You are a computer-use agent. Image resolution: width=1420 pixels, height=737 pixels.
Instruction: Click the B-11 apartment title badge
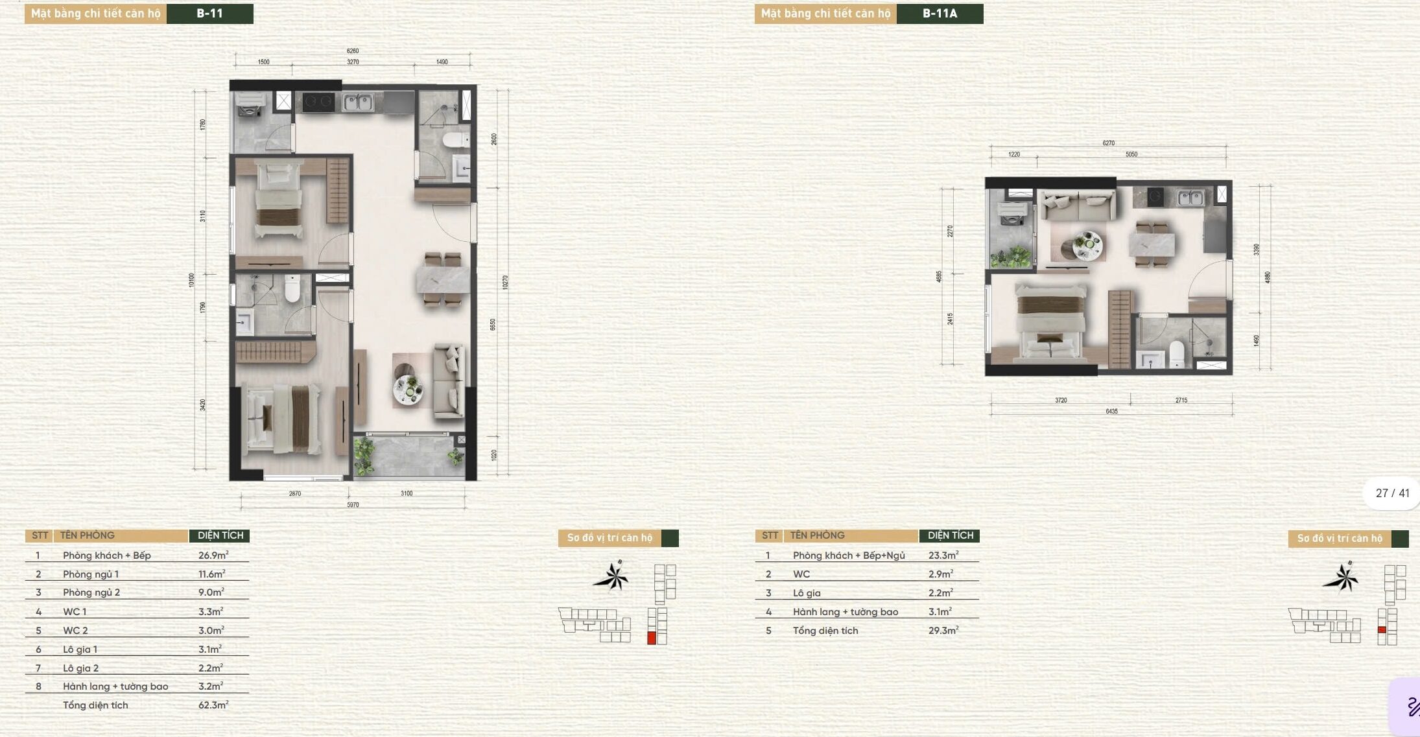pyautogui.click(x=209, y=14)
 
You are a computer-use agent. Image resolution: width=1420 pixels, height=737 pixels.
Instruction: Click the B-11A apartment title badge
pyautogui.click(x=940, y=14)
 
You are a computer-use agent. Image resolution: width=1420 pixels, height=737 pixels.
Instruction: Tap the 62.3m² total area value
pyautogui.click(x=213, y=705)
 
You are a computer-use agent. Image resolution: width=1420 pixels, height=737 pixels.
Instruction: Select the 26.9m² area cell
pyautogui.click(x=213, y=555)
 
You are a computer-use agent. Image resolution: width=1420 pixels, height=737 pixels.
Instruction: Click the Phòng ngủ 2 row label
pyautogui.click(x=91, y=592)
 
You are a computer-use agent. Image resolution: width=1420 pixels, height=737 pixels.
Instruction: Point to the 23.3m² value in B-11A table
pyautogui.click(x=943, y=555)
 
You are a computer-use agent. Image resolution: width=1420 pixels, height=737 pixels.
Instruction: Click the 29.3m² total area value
pyautogui.click(x=943, y=630)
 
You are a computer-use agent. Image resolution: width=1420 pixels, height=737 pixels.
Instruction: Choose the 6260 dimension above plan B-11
pyautogui.click(x=353, y=51)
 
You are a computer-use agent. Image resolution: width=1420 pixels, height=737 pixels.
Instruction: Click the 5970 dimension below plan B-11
pyautogui.click(x=353, y=505)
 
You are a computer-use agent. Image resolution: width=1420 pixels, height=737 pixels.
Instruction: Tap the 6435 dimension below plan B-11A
pyautogui.click(x=1111, y=412)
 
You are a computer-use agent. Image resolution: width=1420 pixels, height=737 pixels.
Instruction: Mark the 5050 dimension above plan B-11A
pyautogui.click(x=1131, y=154)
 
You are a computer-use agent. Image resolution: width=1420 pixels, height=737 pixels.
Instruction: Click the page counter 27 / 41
pyautogui.click(x=1392, y=493)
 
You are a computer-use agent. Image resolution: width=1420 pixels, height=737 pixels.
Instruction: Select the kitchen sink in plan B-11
pyautogui.click(x=357, y=102)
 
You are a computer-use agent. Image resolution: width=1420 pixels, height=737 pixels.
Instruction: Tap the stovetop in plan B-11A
pyautogui.click(x=1155, y=196)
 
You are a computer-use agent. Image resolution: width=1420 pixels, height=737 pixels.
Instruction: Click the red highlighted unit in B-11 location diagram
pyautogui.click(x=652, y=638)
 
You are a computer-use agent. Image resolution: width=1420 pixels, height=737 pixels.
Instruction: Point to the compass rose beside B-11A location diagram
pyautogui.click(x=1341, y=577)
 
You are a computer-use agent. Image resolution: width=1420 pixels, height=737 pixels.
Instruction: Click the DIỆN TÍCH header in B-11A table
pyautogui.click(x=950, y=535)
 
